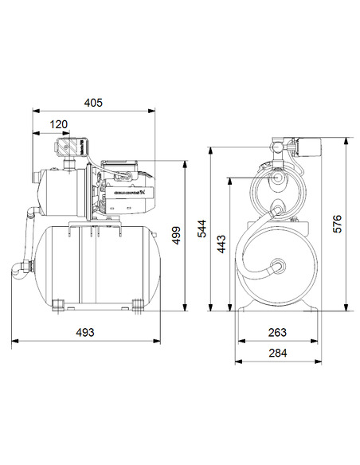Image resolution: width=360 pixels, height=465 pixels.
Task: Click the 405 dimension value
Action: [x=95, y=104]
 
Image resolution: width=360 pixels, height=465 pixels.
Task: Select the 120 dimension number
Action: [x=58, y=124]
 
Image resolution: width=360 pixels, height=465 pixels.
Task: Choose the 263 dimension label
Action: [x=276, y=332]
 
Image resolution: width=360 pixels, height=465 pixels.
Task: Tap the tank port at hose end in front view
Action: [x=279, y=266]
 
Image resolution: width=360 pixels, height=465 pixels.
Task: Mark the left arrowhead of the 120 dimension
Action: [x=34, y=133]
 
